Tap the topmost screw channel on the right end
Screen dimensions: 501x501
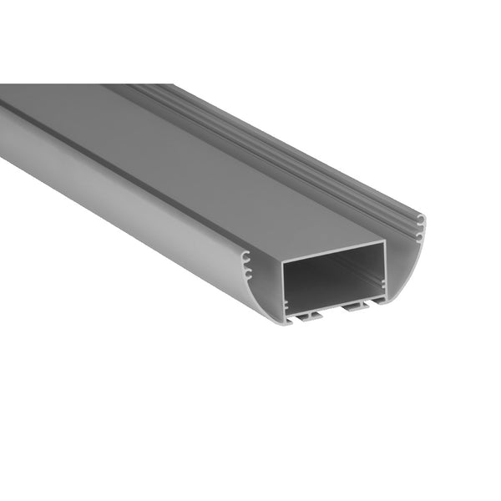(421, 219)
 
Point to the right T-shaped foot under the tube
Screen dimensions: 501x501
(355, 306)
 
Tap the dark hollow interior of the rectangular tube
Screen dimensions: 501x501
(334, 280)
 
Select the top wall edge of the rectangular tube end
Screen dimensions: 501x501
(334, 251)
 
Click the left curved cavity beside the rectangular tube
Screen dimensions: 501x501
(266, 288)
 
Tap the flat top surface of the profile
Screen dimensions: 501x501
(209, 159)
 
